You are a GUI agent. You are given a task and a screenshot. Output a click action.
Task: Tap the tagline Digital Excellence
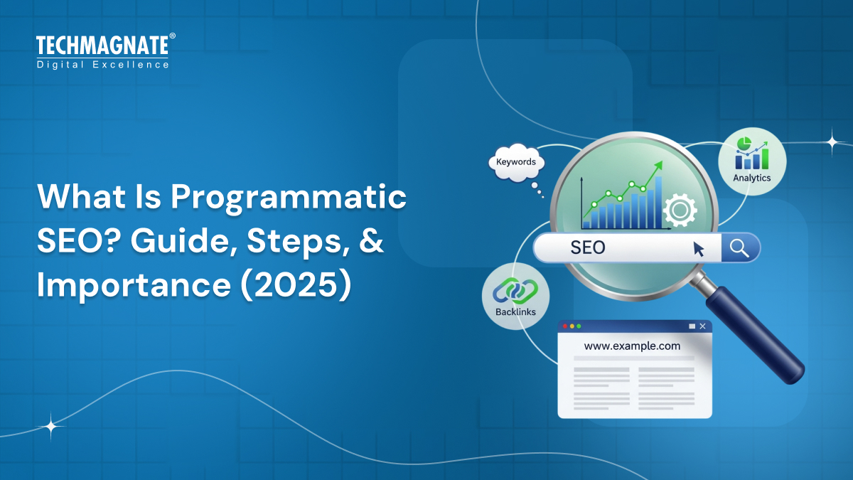pyautogui.click(x=102, y=65)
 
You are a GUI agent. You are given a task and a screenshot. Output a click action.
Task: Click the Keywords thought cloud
pyautogui.click(x=516, y=163)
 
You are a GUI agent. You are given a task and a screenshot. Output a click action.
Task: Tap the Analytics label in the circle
pyautogui.click(x=751, y=178)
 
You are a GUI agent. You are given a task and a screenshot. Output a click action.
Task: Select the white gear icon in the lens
pyautogui.click(x=680, y=210)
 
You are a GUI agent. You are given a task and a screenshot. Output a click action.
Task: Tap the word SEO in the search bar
pyautogui.click(x=588, y=248)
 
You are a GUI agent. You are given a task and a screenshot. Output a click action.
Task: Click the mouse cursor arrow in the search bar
pyautogui.click(x=699, y=248)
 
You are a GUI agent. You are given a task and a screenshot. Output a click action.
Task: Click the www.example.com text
pyautogui.click(x=632, y=346)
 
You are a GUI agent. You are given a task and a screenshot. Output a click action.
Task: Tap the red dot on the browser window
pyautogui.click(x=565, y=326)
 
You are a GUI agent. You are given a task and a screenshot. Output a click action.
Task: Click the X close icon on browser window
pyautogui.click(x=702, y=326)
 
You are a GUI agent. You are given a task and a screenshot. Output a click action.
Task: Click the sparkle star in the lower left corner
pyautogui.click(x=51, y=427)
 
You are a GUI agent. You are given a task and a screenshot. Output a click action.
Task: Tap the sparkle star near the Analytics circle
pyautogui.click(x=832, y=142)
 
